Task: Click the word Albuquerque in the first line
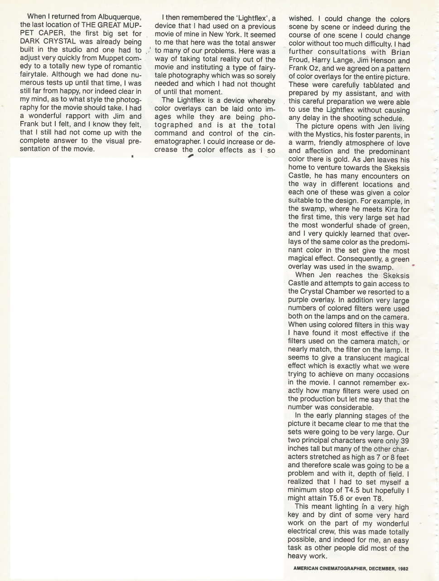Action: (x=120, y=17)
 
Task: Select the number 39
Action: (x=405, y=441)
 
